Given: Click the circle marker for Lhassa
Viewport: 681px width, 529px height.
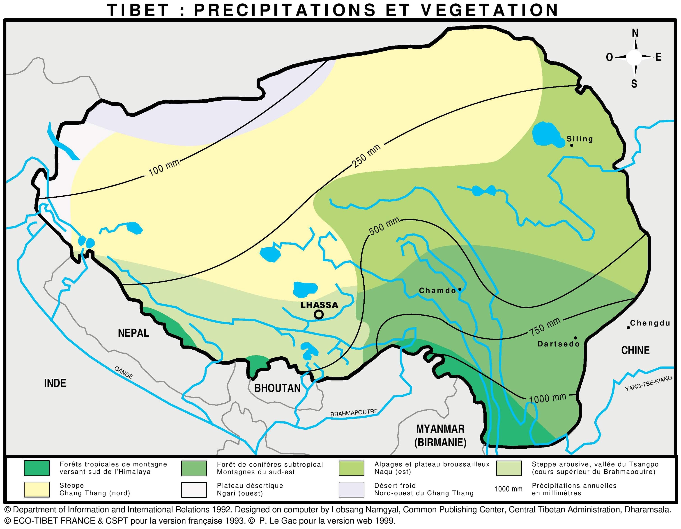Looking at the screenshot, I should coord(318,315).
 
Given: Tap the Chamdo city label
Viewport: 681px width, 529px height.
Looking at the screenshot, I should coord(437,290).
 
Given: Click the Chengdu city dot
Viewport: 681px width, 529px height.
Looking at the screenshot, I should coord(628,328).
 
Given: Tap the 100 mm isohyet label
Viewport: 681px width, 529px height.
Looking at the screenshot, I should coord(164,167).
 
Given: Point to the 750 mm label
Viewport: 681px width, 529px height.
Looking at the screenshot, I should coord(545,327).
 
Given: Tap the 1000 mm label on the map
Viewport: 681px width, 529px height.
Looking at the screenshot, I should coord(548,398).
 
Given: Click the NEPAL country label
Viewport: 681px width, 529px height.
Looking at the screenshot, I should coord(133,333).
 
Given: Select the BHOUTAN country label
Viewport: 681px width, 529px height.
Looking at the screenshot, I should coord(277,388).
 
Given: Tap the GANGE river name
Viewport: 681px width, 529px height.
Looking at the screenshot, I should coord(124,372).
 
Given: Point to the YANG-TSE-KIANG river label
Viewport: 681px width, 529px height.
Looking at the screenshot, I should coord(649,384).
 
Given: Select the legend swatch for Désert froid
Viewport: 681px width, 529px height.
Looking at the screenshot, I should coord(351,489).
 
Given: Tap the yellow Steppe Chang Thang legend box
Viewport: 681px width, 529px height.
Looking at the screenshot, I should coord(37,489).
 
